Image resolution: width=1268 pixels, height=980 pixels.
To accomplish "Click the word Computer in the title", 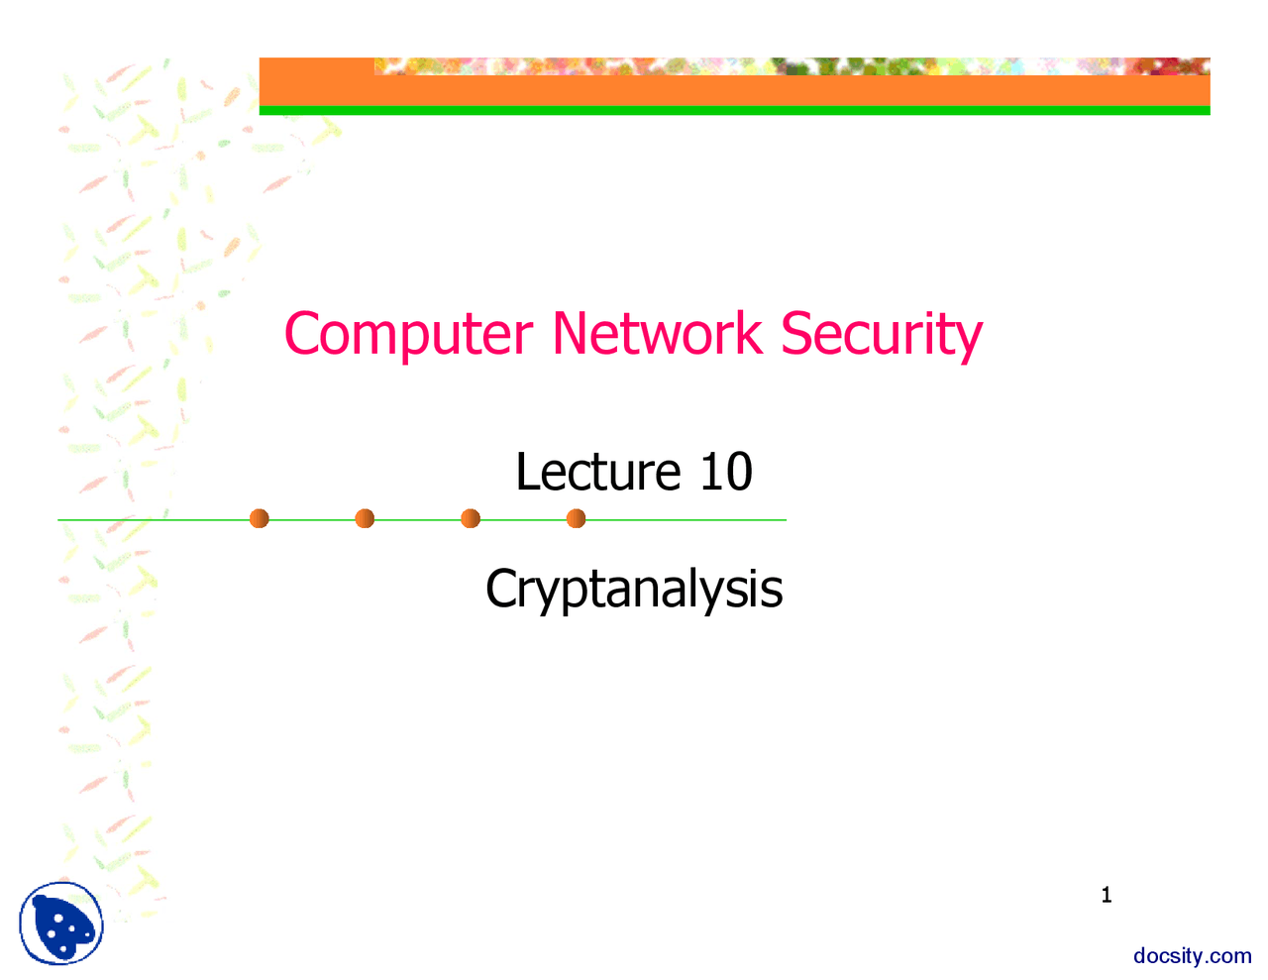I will coord(408,335).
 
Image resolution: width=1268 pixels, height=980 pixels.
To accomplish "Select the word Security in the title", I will coord(881,335).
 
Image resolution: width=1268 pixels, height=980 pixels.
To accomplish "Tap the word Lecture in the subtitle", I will coord(598,472).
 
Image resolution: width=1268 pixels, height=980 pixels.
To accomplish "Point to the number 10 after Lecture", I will coord(726,472).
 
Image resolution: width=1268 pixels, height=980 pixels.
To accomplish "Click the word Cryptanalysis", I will coord(634,589).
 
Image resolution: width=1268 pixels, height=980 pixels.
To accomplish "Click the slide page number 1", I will coord(1107,896).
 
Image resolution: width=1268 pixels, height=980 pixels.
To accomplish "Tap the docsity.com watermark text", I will coord(1192,956).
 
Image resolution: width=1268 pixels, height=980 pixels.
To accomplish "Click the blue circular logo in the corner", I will coord(61,924).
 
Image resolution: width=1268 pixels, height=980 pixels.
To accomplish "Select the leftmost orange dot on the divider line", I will coord(260,518).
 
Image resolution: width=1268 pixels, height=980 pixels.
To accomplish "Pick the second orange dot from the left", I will coord(365,518).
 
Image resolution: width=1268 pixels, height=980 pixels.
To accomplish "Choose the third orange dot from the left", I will coord(471,518).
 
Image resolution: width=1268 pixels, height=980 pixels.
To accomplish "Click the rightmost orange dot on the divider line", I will coord(576,518).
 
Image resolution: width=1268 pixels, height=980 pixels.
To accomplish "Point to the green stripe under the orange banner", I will coord(734,111).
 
